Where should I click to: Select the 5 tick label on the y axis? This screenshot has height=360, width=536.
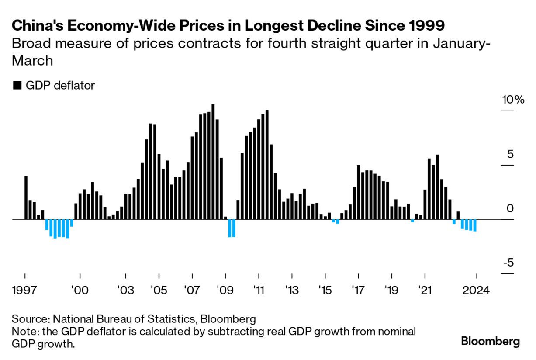coord(510,154)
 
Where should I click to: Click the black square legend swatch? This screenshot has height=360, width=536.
coord(17,86)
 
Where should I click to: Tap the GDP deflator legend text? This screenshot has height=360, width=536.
coord(60,85)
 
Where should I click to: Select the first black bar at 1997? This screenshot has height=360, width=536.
coord(26,197)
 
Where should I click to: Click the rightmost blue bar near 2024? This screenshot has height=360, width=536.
coord(475,225)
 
